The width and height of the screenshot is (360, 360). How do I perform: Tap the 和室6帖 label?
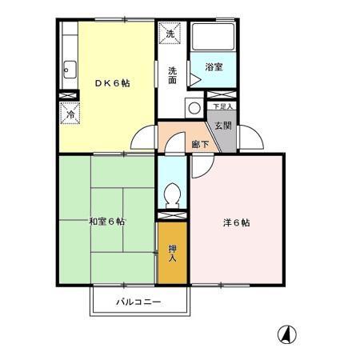coord(106,222)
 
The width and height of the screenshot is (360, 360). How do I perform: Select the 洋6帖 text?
coord(236,223)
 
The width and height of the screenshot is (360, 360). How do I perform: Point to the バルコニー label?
coord(139,302)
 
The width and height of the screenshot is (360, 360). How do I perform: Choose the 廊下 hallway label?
coord(201,144)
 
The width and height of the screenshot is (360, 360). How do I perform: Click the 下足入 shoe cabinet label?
coord(222,106)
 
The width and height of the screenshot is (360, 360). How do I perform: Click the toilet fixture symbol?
coord(172,194)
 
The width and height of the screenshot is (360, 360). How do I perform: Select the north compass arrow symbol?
coord(285,334)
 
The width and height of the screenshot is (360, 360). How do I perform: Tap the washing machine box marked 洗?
coord(170,35)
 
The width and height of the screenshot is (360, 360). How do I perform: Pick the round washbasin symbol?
coord(193,109)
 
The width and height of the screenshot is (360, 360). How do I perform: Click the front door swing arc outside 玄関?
coord(249,138)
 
